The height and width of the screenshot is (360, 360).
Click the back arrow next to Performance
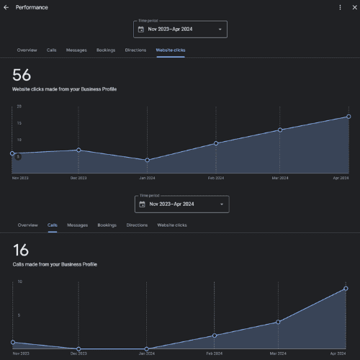click(x=6, y=7)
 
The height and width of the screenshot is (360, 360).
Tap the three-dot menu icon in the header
click(x=341, y=7)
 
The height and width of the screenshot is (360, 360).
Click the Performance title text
click(x=32, y=7)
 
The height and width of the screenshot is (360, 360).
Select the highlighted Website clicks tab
click(x=170, y=50)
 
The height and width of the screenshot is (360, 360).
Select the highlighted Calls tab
click(x=53, y=225)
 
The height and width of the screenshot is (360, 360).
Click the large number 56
click(x=22, y=74)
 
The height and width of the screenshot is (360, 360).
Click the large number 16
click(x=21, y=250)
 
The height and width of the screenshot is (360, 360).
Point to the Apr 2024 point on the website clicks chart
click(x=348, y=117)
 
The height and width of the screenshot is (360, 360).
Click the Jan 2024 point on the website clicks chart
click(x=147, y=161)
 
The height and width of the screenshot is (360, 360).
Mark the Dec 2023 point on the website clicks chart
click(x=78, y=150)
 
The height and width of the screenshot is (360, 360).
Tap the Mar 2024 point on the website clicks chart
click(x=280, y=130)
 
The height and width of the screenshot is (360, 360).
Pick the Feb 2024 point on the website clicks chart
click(x=215, y=143)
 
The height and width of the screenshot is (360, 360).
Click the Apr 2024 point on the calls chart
click(x=346, y=289)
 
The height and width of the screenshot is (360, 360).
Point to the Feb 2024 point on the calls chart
click(x=214, y=336)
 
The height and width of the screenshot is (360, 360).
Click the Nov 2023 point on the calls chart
click(x=12, y=343)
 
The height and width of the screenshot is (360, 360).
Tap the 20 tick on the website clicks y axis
click(x=19, y=107)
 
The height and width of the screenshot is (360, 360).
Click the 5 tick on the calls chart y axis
click(x=19, y=315)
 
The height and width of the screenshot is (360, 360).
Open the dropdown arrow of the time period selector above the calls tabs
click(x=221, y=204)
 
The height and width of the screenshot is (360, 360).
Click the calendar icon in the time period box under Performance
click(x=141, y=30)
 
